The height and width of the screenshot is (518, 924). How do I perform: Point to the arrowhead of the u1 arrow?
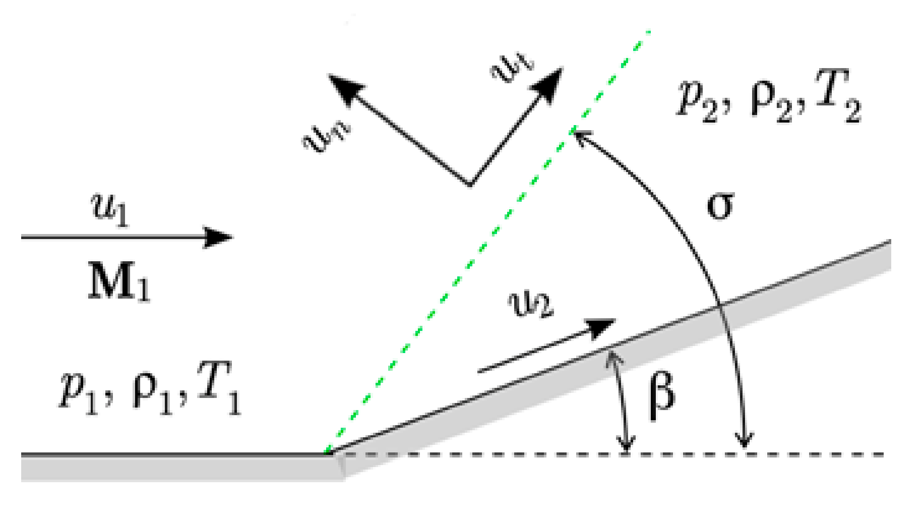[219, 237]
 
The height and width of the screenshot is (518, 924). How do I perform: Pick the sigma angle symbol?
[720, 206]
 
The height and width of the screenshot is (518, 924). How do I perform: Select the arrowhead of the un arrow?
[340, 86]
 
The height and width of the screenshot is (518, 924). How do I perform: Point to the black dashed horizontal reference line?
[807, 454]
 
